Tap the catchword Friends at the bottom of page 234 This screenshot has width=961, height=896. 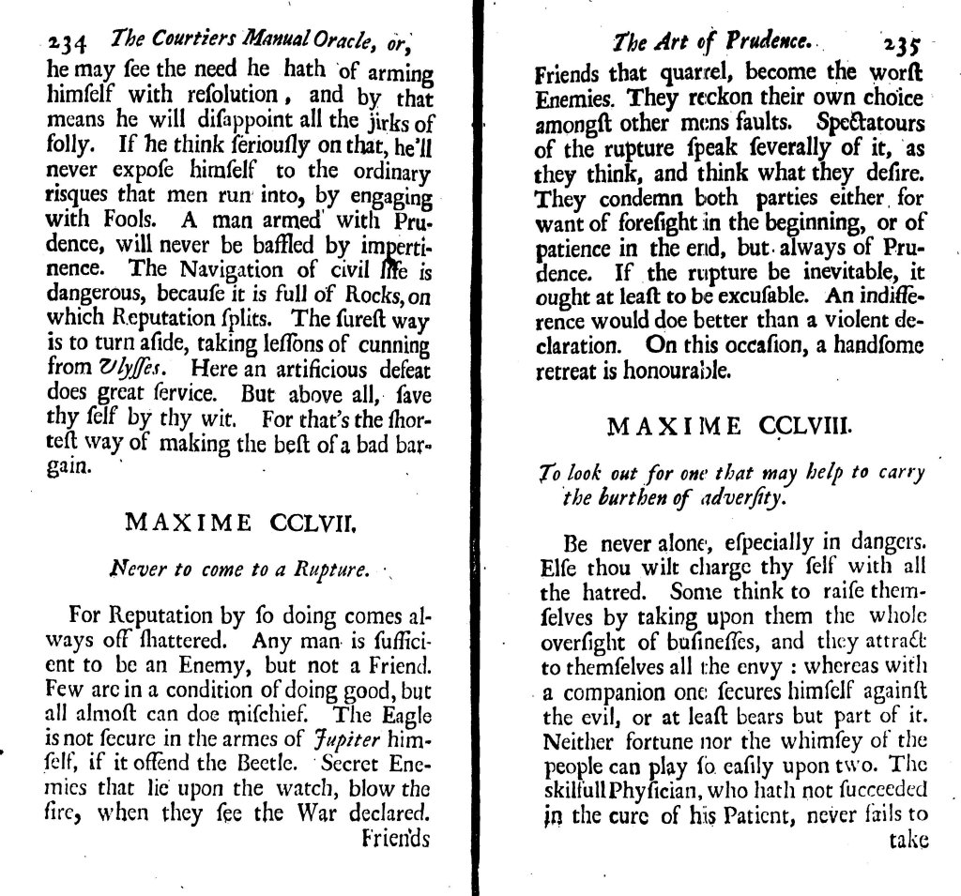click(396, 837)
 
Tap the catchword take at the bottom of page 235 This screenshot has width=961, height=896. click(908, 839)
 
